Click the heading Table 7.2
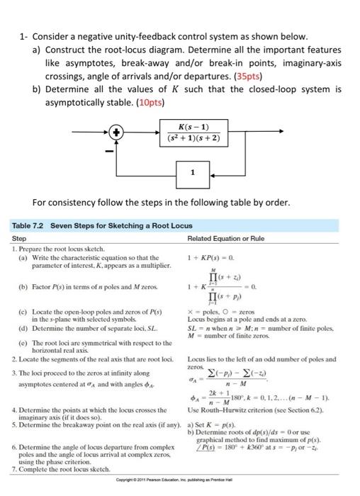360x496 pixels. click(x=30, y=225)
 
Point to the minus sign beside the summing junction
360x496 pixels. click(x=108, y=150)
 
